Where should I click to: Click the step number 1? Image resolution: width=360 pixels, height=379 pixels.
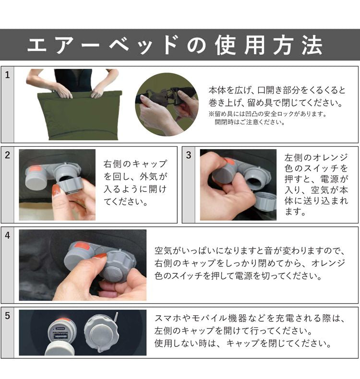point(7,75)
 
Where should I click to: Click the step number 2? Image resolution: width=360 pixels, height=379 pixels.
point(7,155)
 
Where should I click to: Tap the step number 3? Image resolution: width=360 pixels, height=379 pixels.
point(189,155)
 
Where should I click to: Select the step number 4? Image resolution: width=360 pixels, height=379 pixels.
point(7,236)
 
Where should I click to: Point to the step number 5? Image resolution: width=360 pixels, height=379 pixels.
point(7,316)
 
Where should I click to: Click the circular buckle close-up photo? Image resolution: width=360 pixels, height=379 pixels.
point(167,104)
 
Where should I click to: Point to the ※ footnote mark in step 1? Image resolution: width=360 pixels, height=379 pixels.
point(211,114)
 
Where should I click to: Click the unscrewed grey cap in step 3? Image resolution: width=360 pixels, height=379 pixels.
point(264,200)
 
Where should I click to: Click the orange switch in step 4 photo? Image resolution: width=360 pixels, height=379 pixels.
point(82,246)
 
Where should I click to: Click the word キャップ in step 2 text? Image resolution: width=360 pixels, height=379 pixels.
point(146,164)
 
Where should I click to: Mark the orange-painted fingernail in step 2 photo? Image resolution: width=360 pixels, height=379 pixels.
point(56,190)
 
